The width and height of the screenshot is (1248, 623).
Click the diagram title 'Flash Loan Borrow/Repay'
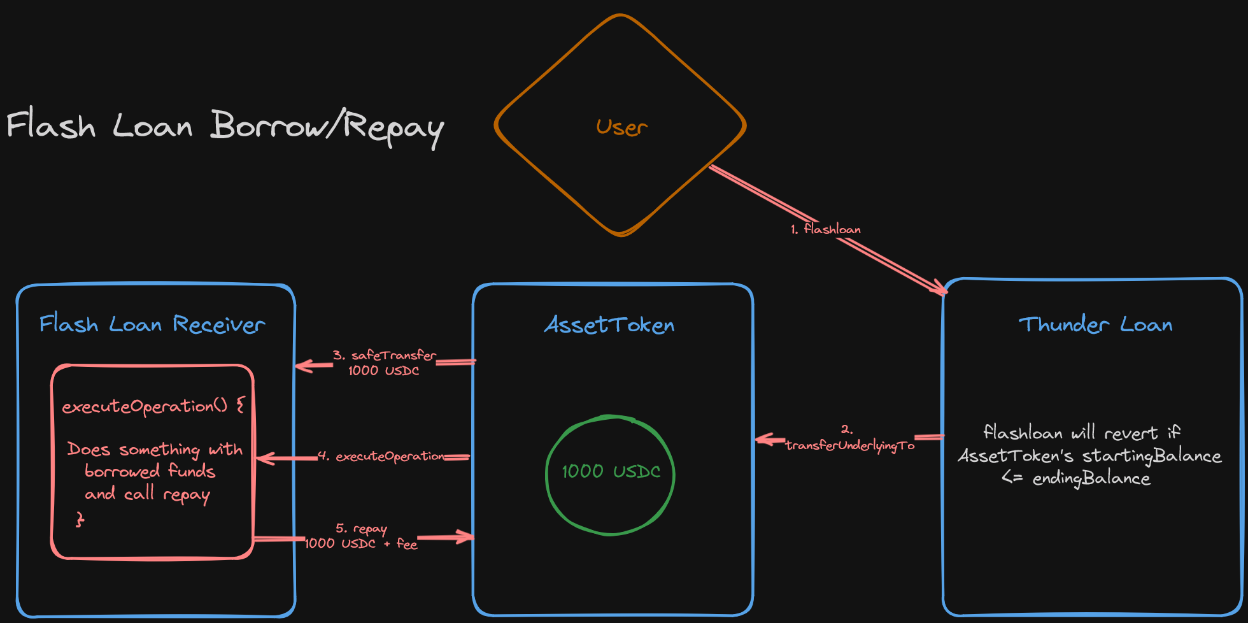(225, 126)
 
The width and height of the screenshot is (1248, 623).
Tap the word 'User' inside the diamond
(621, 127)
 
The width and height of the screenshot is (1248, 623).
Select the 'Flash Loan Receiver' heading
(152, 324)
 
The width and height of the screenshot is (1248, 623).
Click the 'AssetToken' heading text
(609, 326)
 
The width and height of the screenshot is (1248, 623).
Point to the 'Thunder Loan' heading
(1095, 325)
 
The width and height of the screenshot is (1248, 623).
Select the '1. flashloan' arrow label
(826, 229)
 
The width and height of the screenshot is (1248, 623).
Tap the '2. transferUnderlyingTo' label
(849, 440)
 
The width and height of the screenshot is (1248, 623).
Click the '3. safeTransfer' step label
(385, 355)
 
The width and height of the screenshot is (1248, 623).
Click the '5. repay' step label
(361, 529)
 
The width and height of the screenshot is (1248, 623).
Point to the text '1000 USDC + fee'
(361, 544)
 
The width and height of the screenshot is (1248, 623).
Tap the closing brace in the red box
(80, 520)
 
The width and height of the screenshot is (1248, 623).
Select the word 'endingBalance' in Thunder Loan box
(1091, 478)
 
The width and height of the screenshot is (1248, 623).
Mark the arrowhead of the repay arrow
(468, 537)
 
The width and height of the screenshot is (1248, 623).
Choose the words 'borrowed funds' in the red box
(150, 471)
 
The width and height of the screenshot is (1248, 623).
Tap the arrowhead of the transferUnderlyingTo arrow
(762, 439)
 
